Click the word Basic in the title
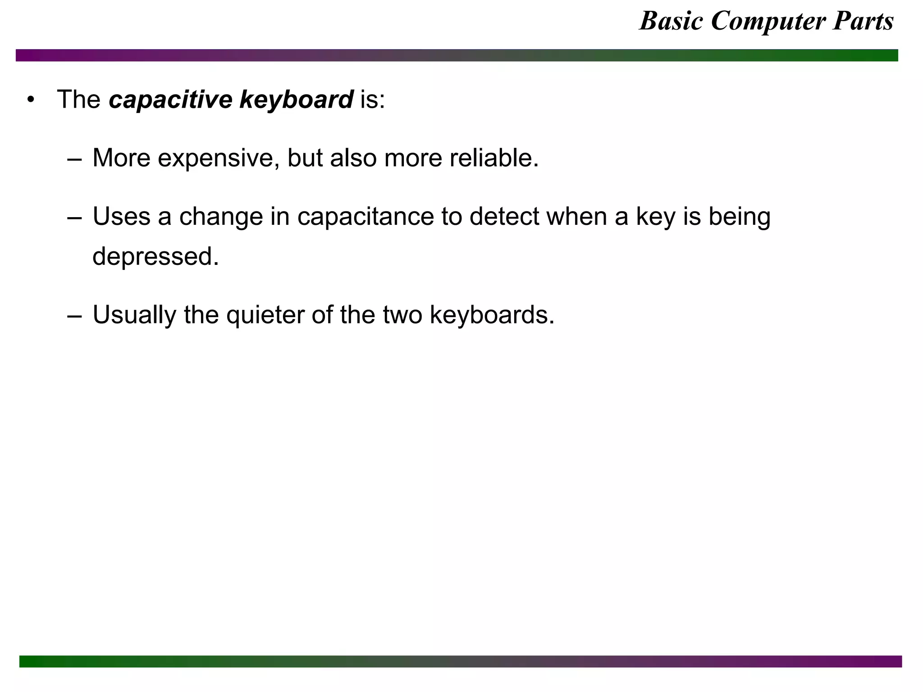coord(671,21)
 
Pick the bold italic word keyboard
coord(296,99)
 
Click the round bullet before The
coord(30,99)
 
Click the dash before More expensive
coord(74,159)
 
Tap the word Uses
coord(121,217)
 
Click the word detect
coord(504,217)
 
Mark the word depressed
coord(155,256)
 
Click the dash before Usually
coord(74,316)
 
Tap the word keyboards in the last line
coord(492,315)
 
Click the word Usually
coord(134,315)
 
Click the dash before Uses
coord(74,218)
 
